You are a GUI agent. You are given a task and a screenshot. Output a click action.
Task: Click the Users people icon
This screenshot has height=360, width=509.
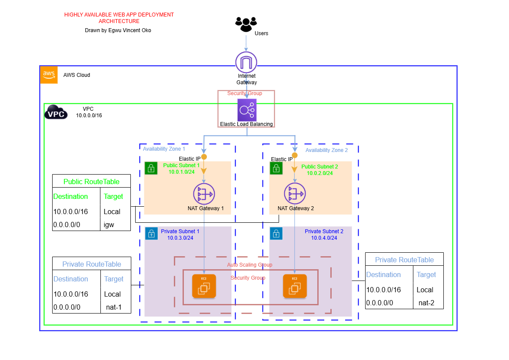246,24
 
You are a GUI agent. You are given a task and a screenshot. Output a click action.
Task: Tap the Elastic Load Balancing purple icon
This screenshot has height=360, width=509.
246,110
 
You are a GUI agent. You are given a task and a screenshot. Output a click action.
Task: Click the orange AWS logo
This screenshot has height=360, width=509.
49,75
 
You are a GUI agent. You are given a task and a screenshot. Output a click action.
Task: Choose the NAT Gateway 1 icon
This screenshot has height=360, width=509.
204,194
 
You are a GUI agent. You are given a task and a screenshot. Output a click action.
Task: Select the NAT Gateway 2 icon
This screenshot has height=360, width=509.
295,194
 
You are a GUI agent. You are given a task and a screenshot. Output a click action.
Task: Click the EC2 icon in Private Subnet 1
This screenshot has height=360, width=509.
204,286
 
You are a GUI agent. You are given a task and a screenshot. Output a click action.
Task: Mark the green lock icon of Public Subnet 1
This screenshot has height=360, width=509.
151,168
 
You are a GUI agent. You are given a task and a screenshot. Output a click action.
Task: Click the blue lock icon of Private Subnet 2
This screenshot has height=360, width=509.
276,234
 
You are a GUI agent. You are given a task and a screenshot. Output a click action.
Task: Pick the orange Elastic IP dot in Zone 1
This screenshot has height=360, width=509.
204,157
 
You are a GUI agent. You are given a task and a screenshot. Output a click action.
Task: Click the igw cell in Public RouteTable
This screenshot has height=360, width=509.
109,225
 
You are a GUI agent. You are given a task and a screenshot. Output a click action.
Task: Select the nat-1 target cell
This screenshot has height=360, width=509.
113,307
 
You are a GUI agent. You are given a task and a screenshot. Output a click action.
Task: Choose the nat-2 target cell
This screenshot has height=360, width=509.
426,303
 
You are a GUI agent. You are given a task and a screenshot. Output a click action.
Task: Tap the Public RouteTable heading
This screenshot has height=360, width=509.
91,182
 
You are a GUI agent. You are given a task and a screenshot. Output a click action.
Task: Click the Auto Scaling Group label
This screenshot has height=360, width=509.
250,264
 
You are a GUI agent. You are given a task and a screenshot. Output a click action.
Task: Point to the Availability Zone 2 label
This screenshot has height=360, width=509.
326,150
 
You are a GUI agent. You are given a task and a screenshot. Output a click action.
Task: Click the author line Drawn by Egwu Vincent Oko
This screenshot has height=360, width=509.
118,30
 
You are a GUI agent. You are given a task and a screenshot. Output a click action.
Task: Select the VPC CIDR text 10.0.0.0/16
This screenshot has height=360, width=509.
89,116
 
